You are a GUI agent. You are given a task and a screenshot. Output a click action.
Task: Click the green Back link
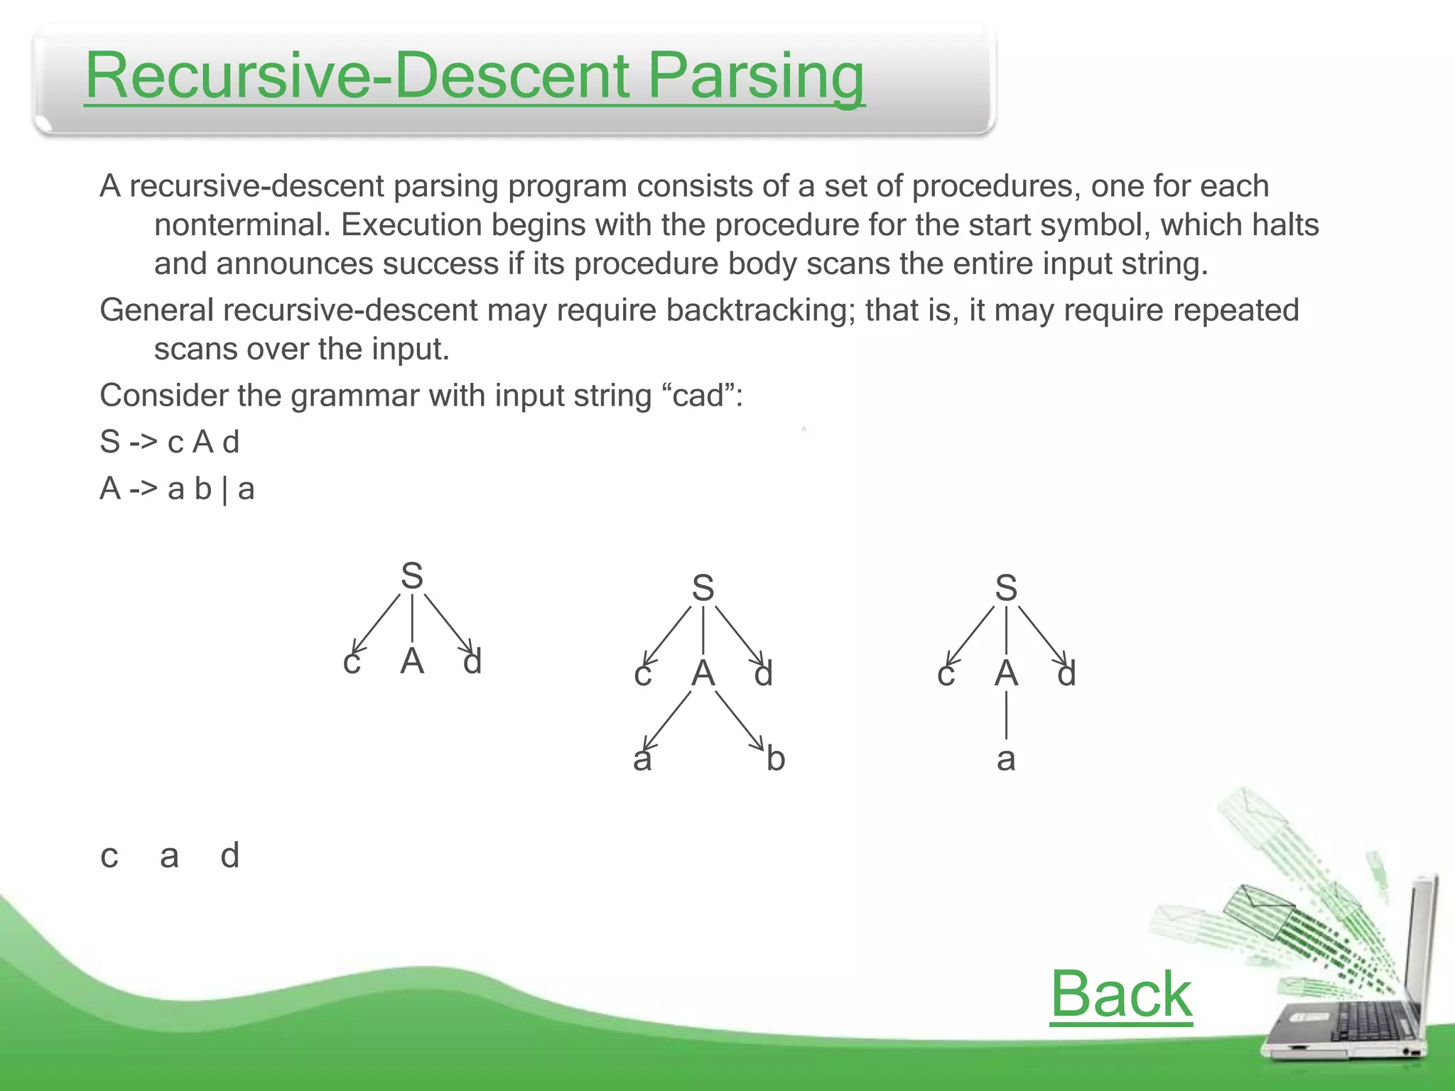pyautogui.click(x=1120, y=994)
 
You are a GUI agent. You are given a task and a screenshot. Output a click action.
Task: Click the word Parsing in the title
pyautogui.click(x=756, y=77)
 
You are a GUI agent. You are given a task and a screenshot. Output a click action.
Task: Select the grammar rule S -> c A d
pyautogui.click(x=169, y=443)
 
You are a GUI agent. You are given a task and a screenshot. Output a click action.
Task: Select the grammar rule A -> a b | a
pyautogui.click(x=177, y=489)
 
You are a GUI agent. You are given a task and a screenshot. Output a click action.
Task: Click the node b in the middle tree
pyautogui.click(x=776, y=759)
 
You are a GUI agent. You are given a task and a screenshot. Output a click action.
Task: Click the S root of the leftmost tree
pyautogui.click(x=412, y=576)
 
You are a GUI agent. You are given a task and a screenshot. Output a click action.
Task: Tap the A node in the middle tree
pyautogui.click(x=703, y=673)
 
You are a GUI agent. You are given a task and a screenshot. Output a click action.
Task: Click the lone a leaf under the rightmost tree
pyautogui.click(x=1006, y=759)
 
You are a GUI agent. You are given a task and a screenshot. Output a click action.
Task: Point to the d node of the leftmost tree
pyautogui.click(x=472, y=662)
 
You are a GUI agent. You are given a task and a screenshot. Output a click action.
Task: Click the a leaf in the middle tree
pyautogui.click(x=642, y=759)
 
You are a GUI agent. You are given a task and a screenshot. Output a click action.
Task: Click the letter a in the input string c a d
pyautogui.click(x=169, y=856)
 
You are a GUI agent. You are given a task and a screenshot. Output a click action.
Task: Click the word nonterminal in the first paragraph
pyautogui.click(x=242, y=225)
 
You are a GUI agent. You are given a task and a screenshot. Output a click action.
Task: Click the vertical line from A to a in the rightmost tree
pyautogui.click(x=1006, y=715)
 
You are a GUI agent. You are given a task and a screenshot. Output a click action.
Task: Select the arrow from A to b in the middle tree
pyautogui.click(x=739, y=719)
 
